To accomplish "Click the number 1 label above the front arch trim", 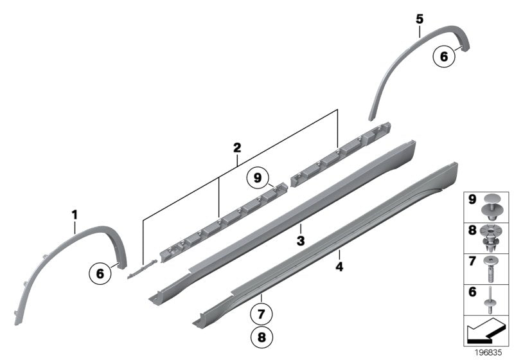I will click(x=74, y=213).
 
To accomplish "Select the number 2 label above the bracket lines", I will click(x=237, y=148).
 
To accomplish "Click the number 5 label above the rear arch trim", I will click(x=419, y=19).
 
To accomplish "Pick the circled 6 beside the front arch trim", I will click(x=100, y=273).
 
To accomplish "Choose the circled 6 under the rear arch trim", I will click(x=443, y=57).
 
